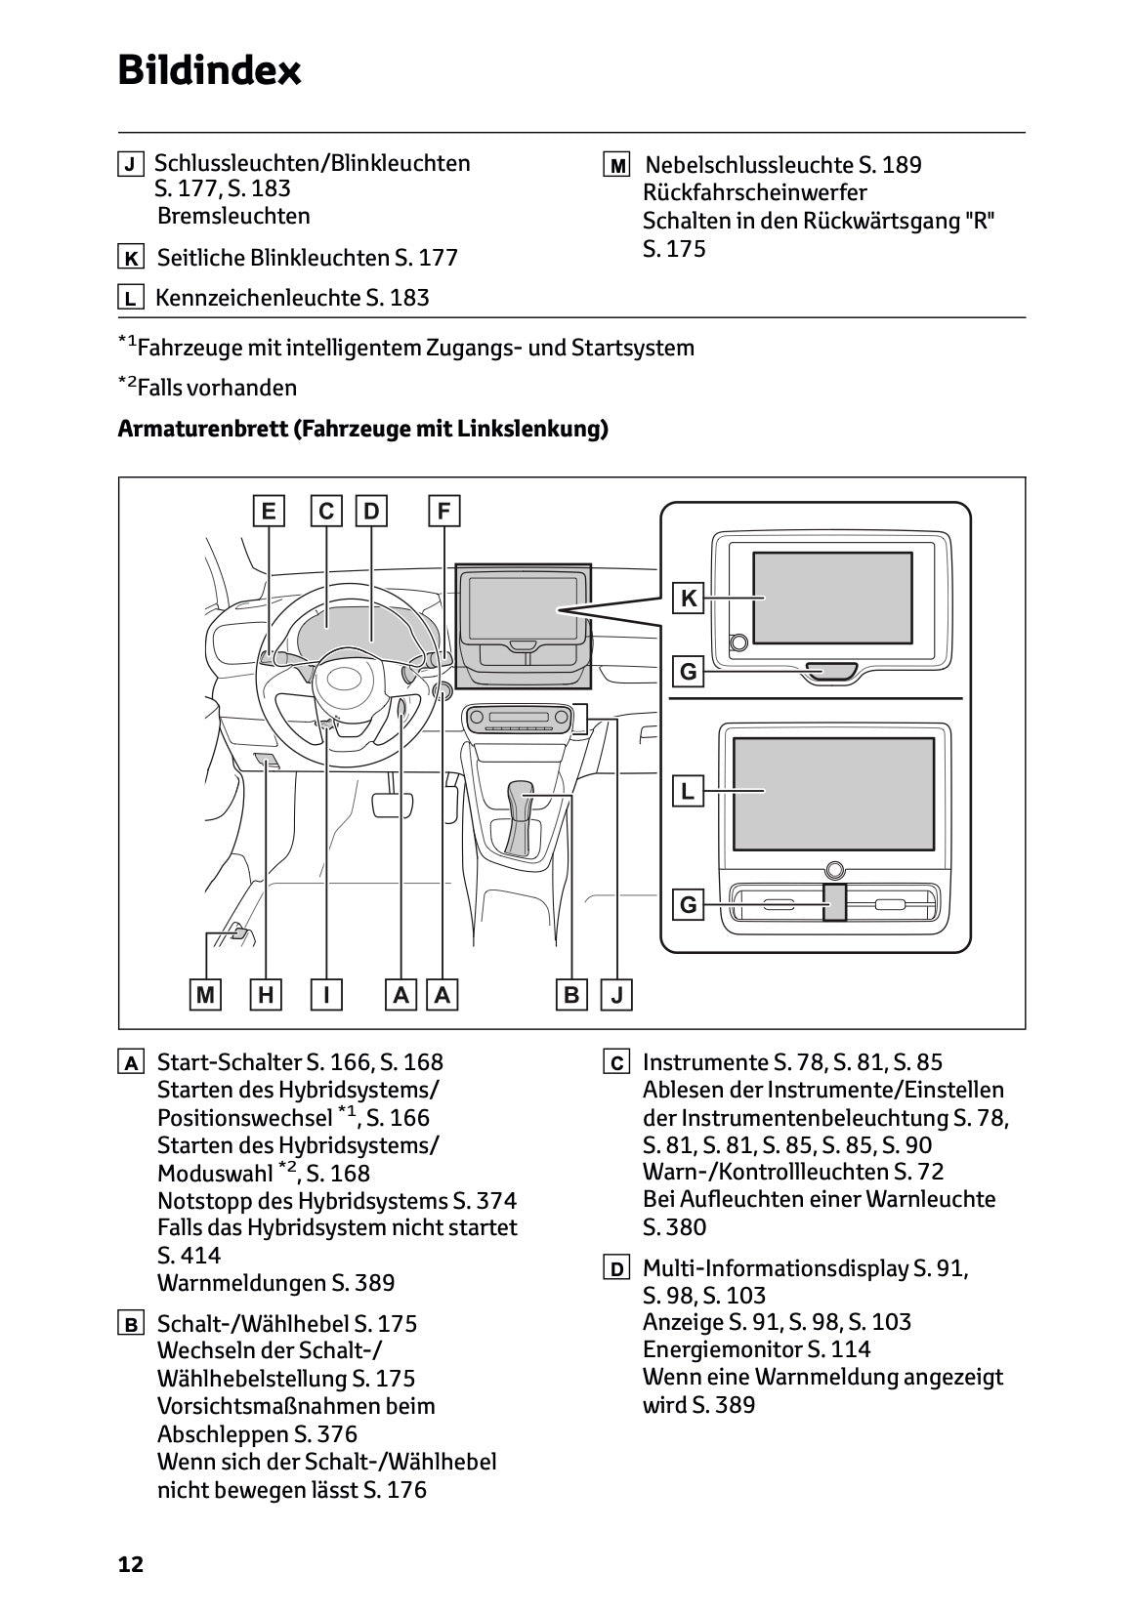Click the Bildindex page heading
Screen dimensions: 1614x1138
pos(209,70)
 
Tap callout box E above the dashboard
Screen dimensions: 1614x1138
pos(268,511)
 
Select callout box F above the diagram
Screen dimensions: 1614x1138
pos(443,511)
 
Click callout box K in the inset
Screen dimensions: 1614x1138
pos(689,598)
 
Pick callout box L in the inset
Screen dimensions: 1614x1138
pos(689,791)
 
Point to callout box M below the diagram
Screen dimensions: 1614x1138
pos(205,995)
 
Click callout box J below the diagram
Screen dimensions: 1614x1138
pos(617,995)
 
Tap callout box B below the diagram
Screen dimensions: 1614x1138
pos(571,995)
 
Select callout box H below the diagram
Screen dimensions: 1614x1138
pos(266,995)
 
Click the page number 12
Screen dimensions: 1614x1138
pos(130,1565)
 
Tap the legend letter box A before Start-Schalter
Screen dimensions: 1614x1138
pos(131,1062)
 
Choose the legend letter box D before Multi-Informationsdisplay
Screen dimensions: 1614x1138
pos(616,1269)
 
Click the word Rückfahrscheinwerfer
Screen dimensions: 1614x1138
pos(754,192)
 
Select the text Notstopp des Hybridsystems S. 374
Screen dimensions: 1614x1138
pos(337,1201)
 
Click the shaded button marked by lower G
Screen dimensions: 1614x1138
pos(834,903)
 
